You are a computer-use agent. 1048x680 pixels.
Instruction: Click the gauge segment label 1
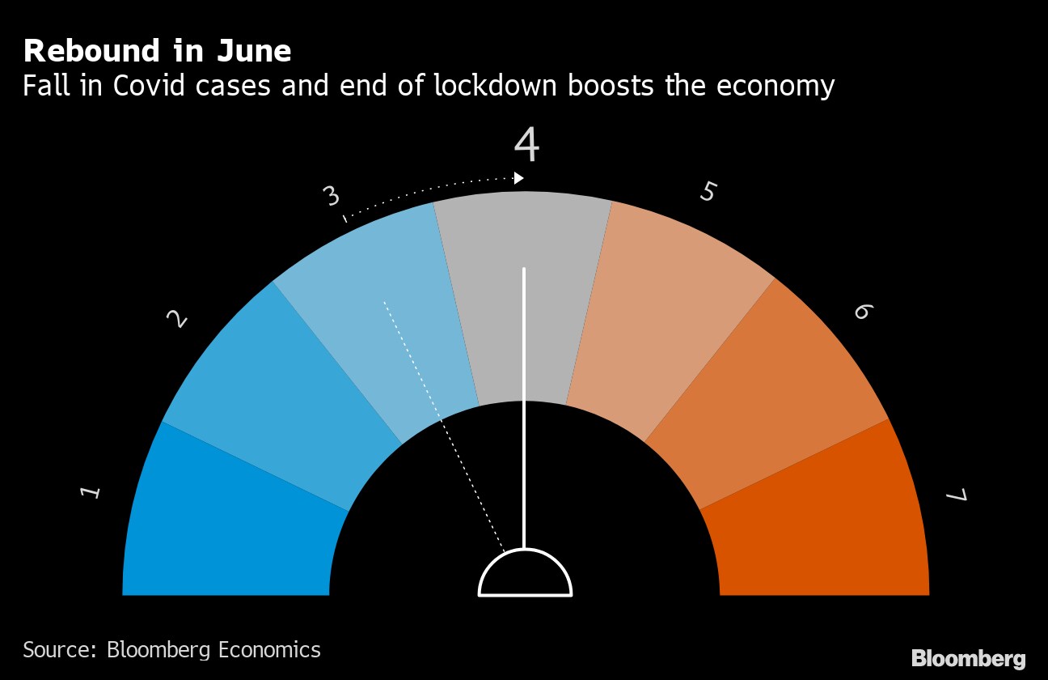pos(91,491)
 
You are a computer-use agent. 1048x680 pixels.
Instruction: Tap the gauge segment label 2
pos(176,320)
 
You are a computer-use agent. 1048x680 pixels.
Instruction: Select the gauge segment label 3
pos(330,196)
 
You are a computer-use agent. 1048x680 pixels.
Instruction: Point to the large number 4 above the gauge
pos(526,146)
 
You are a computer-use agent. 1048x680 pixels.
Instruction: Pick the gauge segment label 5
pos(708,192)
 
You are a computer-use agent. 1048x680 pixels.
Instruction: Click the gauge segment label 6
pos(862,312)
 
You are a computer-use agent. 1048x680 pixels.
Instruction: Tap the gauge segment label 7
pos(956,495)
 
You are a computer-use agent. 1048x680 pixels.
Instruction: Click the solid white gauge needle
pos(525,405)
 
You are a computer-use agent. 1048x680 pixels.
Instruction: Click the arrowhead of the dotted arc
pos(519,178)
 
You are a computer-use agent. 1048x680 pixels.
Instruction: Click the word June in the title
pos(255,51)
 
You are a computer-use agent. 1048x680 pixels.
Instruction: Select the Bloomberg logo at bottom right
pos(968,658)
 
